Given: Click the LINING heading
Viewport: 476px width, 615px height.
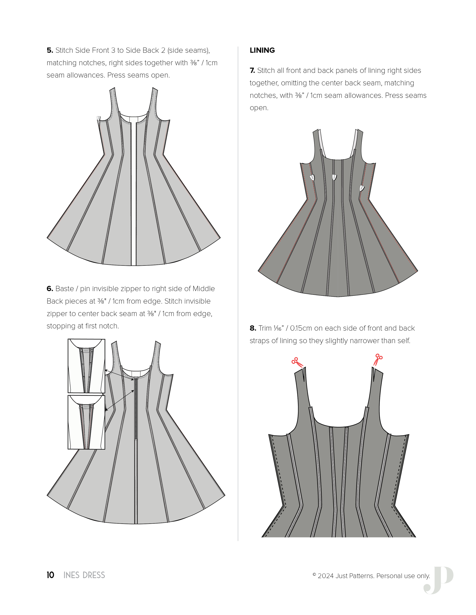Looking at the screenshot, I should (262, 50).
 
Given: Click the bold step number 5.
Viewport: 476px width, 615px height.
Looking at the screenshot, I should (50, 50).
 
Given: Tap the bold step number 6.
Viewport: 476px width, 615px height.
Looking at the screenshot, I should (50, 289).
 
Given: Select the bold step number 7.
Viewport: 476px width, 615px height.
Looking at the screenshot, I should (252, 70).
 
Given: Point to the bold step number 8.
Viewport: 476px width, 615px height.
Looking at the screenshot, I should (253, 328).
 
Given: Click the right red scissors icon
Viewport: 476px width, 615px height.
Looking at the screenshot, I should (378, 359).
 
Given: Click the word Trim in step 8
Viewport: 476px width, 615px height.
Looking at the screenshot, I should (265, 328).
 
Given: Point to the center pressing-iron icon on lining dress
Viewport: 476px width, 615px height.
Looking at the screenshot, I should (334, 177).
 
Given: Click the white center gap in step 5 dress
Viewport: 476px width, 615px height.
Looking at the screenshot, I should (134, 197).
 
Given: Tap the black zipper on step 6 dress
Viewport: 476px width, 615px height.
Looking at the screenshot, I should (136, 408).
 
